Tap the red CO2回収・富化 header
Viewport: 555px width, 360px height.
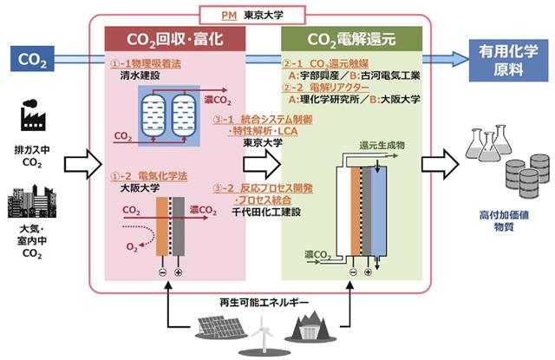tap(186, 38)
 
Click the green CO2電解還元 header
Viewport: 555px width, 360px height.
tap(351, 38)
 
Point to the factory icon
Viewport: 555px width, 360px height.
tap(32, 115)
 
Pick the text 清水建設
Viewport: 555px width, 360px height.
tap(140, 76)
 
